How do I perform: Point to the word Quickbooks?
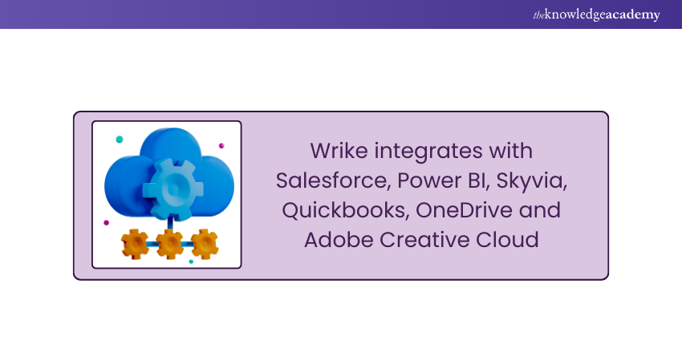pyautogui.click(x=347, y=210)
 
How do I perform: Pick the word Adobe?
pyautogui.click(x=339, y=240)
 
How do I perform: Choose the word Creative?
pyautogui.click(x=424, y=240)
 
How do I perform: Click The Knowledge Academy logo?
pyautogui.click(x=596, y=14)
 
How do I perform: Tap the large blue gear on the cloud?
pyautogui.click(x=173, y=189)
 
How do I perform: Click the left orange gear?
pyautogui.click(x=135, y=245)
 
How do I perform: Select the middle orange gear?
pyautogui.click(x=169, y=244)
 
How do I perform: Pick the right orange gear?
pyautogui.click(x=205, y=244)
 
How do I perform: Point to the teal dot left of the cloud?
pyautogui.click(x=120, y=139)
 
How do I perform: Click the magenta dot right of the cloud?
pyautogui.click(x=221, y=146)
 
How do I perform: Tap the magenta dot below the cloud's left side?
pyautogui.click(x=106, y=223)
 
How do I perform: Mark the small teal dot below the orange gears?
pyautogui.click(x=191, y=262)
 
